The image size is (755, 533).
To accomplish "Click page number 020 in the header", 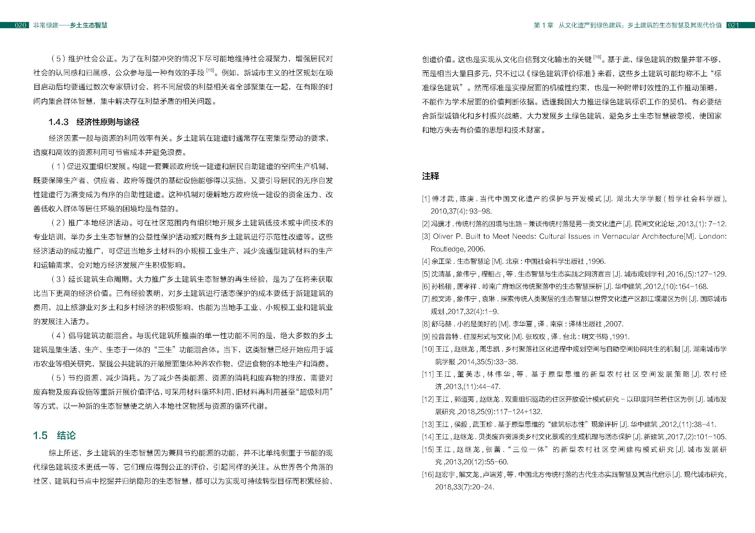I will click(20, 25).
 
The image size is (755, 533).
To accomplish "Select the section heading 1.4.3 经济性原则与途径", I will click(94, 122).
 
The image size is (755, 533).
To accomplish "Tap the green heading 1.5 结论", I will click(54, 435).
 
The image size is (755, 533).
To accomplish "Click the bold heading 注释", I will click(431, 176).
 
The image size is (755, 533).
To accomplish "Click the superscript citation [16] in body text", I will click(597, 58).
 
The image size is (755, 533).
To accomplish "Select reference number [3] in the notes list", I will click(426, 236).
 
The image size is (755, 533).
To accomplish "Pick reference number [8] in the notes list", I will click(426, 324).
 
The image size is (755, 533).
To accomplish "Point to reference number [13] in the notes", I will click(428, 424).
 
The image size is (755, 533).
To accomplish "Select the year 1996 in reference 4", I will click(597, 262).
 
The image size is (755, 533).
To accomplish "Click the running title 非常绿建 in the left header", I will click(46, 25).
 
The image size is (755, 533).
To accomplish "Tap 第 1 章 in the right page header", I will click(543, 25).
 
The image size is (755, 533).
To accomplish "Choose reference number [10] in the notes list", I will click(428, 349).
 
